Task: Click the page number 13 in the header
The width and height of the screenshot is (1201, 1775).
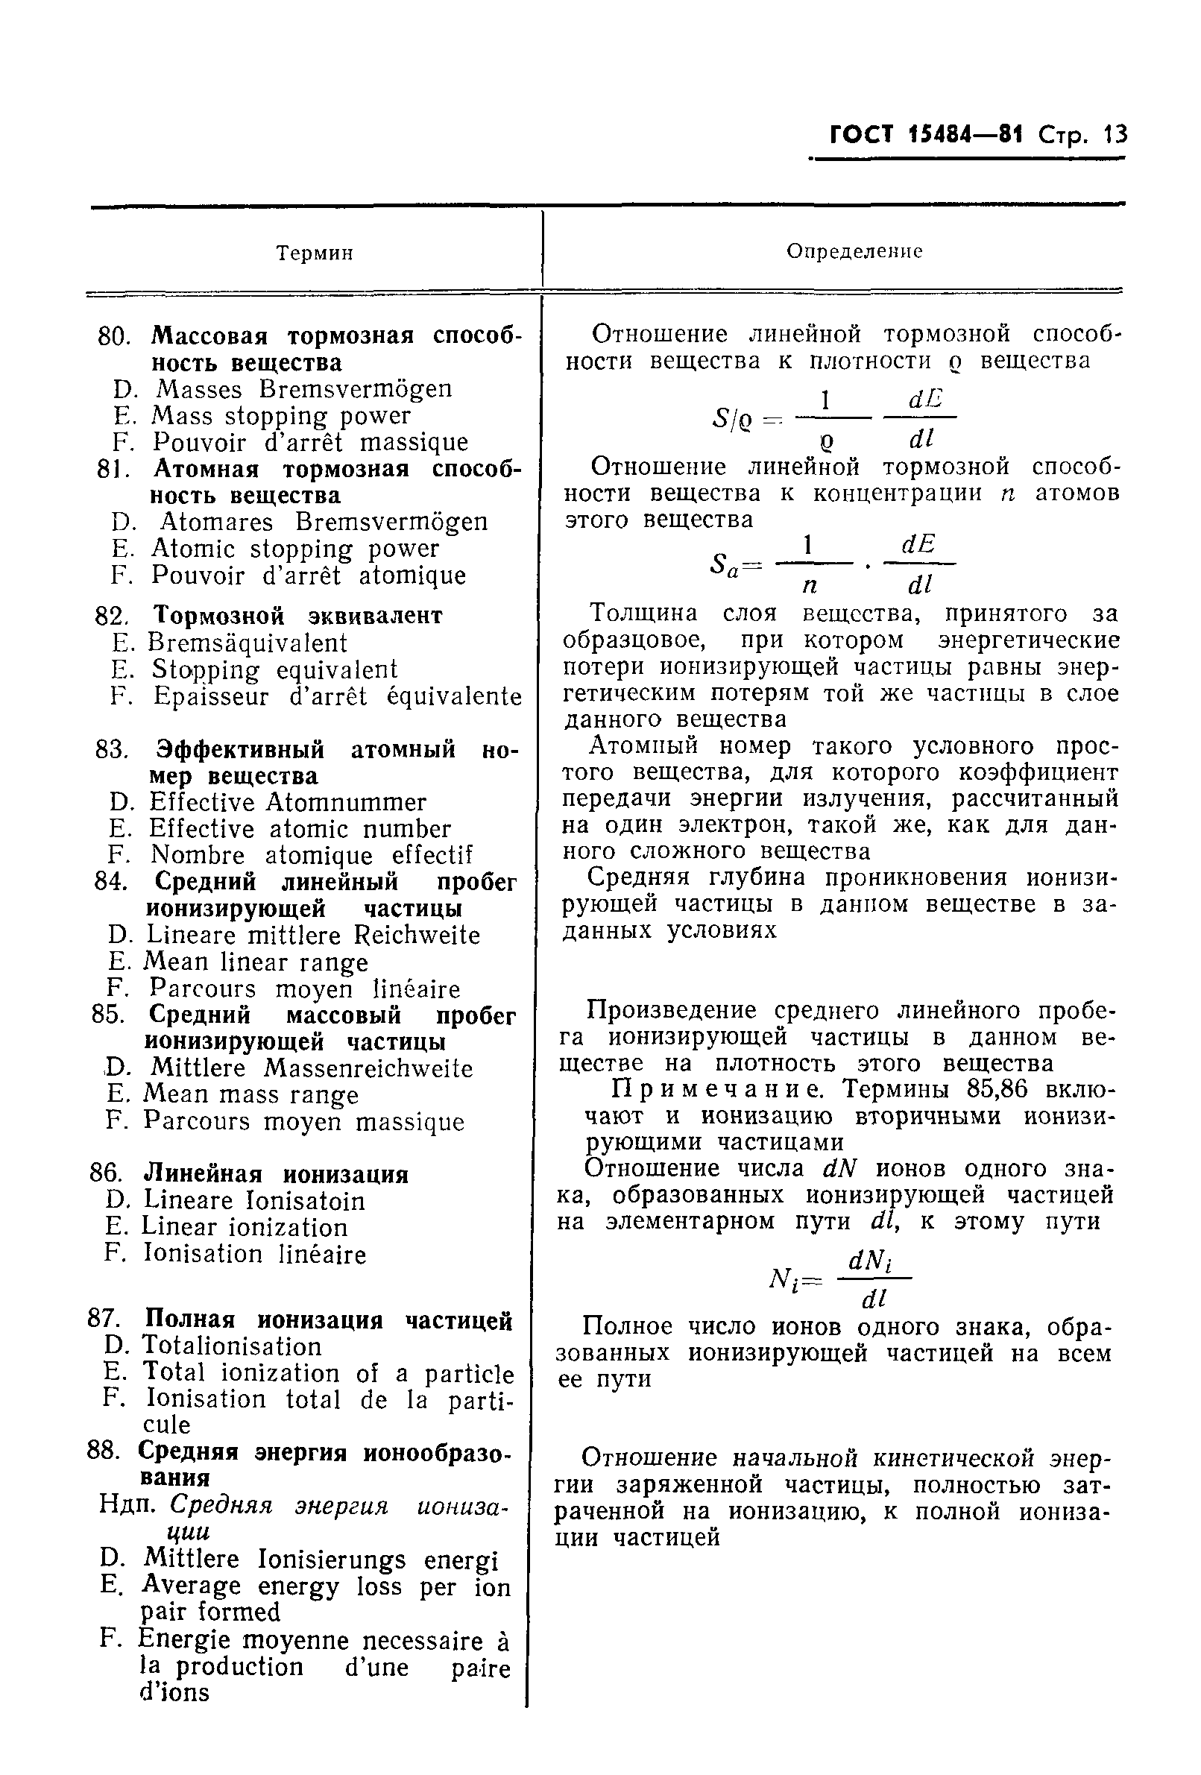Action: coord(1113,135)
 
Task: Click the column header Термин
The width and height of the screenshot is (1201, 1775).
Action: coord(314,253)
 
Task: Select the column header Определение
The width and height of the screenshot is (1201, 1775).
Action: coord(854,251)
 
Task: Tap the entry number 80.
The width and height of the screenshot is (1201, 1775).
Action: coord(115,336)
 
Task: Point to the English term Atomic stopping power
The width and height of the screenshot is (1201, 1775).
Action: coord(295,549)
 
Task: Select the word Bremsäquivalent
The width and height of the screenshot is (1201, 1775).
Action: coord(248,643)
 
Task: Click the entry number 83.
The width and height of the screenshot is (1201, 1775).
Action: coord(112,749)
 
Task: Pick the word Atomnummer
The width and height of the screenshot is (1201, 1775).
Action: coord(345,802)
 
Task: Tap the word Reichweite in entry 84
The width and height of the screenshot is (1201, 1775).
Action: coord(417,935)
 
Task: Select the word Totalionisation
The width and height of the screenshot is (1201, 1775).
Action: coord(233,1346)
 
